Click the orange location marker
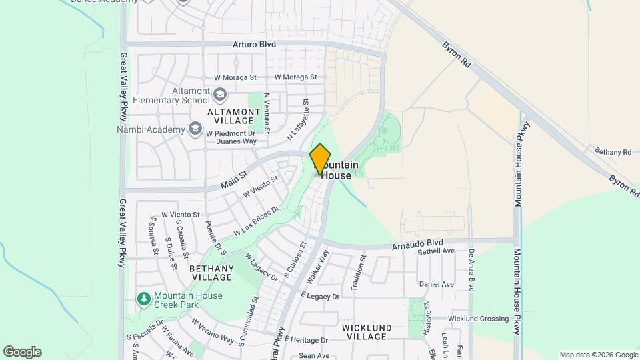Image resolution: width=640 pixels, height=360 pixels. click(x=321, y=159)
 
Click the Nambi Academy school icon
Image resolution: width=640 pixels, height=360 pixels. click(x=195, y=128)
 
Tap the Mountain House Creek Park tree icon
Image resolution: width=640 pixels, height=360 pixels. click(x=143, y=299)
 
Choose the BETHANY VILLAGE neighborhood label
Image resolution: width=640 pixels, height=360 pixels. click(x=211, y=273)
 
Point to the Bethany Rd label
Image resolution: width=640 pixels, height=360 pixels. click(x=612, y=152)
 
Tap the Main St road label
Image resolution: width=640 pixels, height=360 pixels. click(x=234, y=179)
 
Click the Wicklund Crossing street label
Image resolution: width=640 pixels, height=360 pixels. click(x=478, y=319)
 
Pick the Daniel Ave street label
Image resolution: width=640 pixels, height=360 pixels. click(x=437, y=284)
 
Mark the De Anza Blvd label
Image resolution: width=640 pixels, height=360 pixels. click(x=471, y=269)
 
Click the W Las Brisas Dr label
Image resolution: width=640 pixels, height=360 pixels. click(x=256, y=222)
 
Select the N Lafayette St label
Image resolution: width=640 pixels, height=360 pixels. click(x=299, y=120)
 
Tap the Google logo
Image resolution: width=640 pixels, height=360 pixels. click(x=22, y=352)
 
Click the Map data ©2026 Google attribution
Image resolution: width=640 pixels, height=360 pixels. click(x=598, y=355)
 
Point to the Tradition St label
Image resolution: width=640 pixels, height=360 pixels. click(x=363, y=266)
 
